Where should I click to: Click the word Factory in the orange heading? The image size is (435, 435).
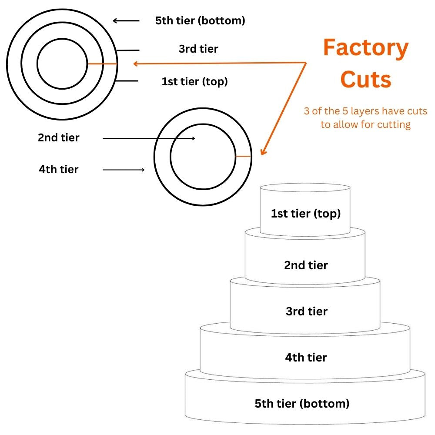[x=365, y=49]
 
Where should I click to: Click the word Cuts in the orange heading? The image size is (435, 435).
[x=365, y=79]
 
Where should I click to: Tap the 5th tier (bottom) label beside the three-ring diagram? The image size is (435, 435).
[x=200, y=20]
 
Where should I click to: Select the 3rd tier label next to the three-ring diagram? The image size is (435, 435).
[x=198, y=49]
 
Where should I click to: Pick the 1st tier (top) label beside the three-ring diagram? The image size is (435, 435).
[x=194, y=81]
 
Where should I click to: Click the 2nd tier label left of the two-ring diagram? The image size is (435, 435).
[x=59, y=138]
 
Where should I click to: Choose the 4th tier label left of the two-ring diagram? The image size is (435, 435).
[x=59, y=169]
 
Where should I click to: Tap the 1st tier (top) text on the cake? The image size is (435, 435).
[x=305, y=214]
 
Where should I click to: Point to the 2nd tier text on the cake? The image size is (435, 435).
[x=306, y=265]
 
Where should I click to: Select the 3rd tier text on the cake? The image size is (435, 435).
[x=306, y=311]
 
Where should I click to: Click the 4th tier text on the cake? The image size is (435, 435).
[x=306, y=358]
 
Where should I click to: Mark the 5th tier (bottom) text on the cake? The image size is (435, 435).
[x=302, y=403]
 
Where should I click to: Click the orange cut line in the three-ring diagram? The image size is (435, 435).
[x=103, y=64]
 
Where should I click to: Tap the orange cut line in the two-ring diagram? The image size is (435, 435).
[x=243, y=156]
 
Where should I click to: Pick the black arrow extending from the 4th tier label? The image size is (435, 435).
[x=124, y=170]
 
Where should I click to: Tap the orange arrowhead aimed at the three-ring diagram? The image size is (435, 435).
[x=136, y=64]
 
